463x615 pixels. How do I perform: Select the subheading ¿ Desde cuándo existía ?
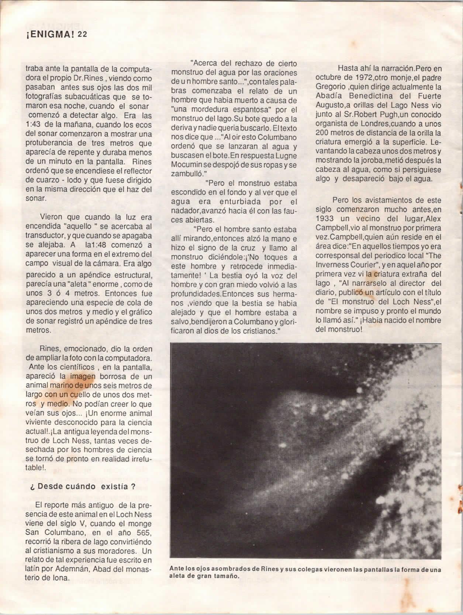tap(82, 486)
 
